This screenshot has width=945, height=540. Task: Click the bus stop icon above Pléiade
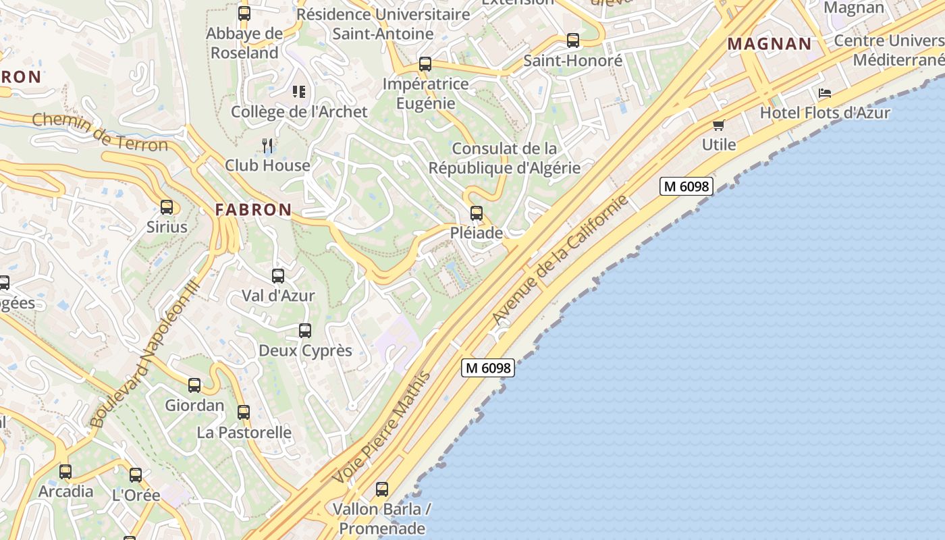point(477,213)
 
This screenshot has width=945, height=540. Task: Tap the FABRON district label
point(253,210)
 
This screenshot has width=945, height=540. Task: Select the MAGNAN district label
point(769,45)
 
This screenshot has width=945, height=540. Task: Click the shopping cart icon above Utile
point(719,125)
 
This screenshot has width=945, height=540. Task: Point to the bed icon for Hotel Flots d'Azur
point(824,93)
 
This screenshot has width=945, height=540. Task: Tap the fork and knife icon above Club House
point(268,145)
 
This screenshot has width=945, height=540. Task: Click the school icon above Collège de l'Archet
point(298,92)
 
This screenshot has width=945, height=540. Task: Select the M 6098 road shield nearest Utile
point(686,186)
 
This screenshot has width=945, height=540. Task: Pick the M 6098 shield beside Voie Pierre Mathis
point(488,368)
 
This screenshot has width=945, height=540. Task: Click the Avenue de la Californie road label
point(560,260)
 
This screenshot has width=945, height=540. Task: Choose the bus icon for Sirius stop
point(167,207)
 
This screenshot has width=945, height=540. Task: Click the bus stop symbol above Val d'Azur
point(278,275)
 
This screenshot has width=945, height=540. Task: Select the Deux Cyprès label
point(306,351)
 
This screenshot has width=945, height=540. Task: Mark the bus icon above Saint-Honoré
point(573,40)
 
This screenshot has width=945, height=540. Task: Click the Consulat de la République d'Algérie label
point(504,158)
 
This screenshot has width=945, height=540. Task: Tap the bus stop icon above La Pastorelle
point(244,412)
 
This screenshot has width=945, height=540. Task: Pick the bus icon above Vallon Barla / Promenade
point(382,489)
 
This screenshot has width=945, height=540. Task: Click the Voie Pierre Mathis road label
point(383,427)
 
